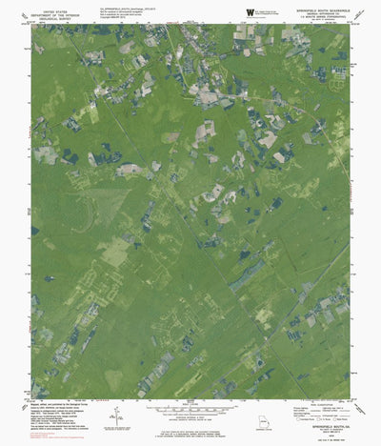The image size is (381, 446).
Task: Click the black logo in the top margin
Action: (x=251, y=10)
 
